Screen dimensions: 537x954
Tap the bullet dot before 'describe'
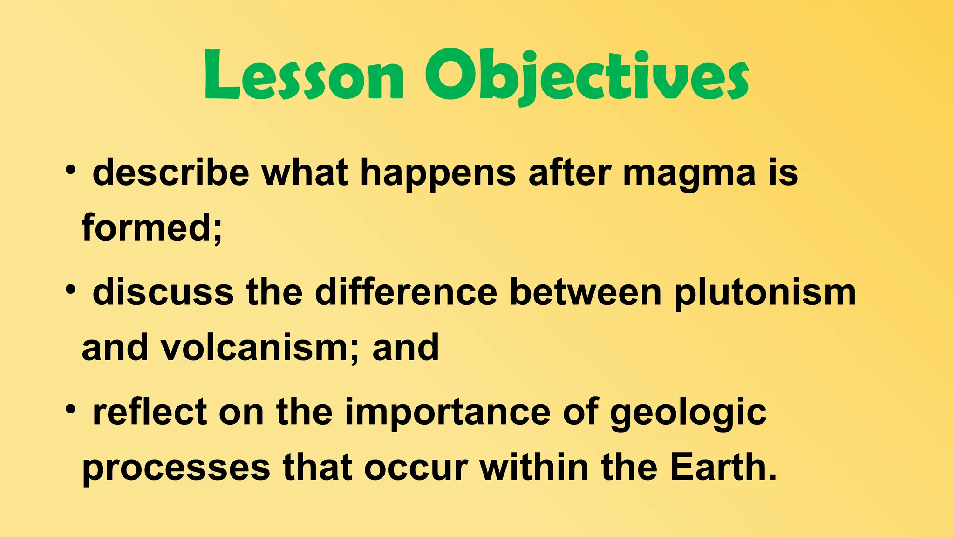(x=70, y=170)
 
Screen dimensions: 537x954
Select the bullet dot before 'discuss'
(x=70, y=290)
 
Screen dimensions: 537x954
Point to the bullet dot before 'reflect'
(x=70, y=410)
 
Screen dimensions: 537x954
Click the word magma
(x=689, y=173)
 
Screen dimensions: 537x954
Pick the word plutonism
(x=765, y=294)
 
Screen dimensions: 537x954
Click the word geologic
(x=688, y=413)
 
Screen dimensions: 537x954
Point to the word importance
(x=448, y=413)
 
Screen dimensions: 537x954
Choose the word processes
(x=176, y=468)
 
